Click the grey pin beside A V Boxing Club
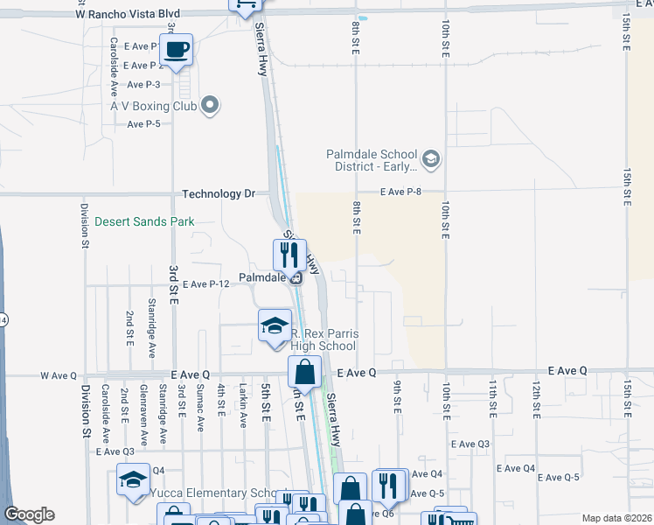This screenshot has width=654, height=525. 209,107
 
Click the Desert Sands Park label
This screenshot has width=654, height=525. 145,222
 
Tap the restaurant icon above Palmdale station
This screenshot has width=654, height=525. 289,255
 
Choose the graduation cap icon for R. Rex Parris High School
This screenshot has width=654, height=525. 275,325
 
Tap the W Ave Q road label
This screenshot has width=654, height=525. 59,375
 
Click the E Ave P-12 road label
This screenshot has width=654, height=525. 205,283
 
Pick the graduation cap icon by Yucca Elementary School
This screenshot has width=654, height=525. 133,479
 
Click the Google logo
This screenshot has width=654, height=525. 29,514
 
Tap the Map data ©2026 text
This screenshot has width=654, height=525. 616,518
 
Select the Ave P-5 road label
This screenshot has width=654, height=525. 144,124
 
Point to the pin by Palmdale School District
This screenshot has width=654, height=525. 430,159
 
